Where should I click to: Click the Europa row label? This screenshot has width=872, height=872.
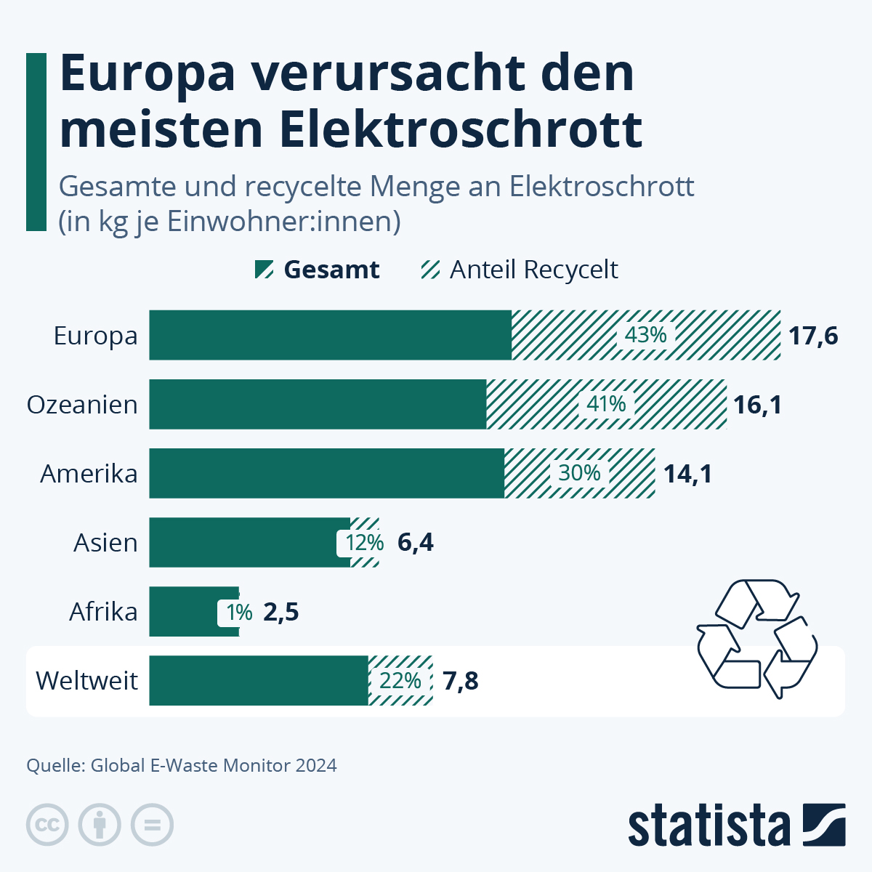click(x=95, y=336)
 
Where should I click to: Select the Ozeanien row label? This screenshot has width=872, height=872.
click(x=82, y=405)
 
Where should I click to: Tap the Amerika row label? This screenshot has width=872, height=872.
click(x=89, y=474)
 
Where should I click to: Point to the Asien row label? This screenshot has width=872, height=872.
click(x=105, y=543)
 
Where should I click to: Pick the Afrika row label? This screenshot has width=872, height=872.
click(x=103, y=612)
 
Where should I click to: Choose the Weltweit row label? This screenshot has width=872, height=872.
click(x=86, y=681)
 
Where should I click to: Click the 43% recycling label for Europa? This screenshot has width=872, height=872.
click(x=646, y=335)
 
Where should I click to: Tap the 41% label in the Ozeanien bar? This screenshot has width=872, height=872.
click(x=606, y=404)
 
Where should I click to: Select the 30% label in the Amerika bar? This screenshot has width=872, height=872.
click(x=579, y=473)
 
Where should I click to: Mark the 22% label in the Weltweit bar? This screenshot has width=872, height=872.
click(x=400, y=681)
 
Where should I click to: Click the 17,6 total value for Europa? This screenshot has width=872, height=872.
click(x=814, y=336)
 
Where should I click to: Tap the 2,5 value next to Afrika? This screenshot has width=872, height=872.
click(x=281, y=612)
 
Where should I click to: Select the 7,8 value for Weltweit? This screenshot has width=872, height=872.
click(x=461, y=681)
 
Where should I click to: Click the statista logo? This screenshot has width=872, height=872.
click(x=736, y=825)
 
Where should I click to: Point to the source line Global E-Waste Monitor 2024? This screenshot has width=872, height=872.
click(x=182, y=765)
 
